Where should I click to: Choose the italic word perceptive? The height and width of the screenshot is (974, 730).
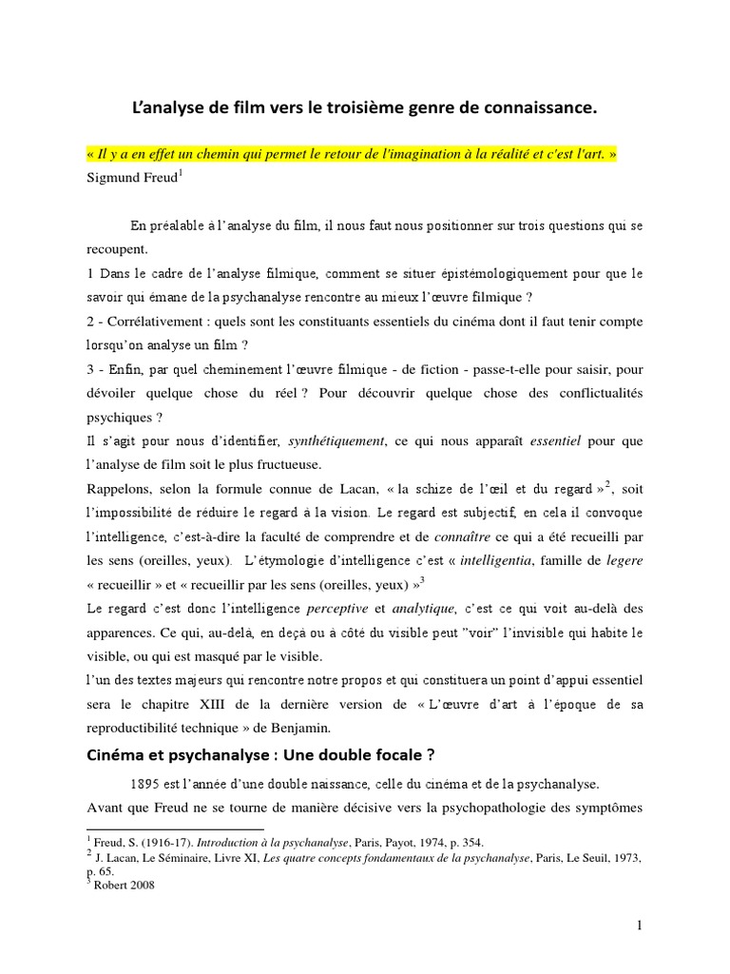pos(339,608)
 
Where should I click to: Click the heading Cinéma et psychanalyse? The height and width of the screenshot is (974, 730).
pos(176,757)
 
